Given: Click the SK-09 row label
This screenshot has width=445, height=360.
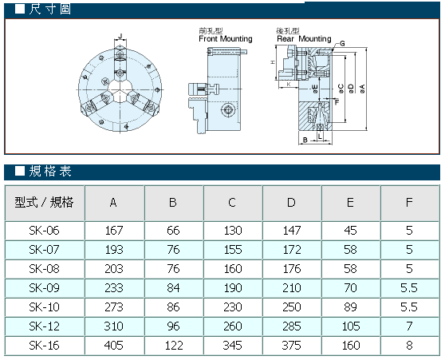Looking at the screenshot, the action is click(45, 288).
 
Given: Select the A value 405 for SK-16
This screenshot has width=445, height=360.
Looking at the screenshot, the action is click(114, 346).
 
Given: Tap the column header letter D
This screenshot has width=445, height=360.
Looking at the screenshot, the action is click(291, 203).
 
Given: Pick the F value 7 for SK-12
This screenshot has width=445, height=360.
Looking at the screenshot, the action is click(409, 326).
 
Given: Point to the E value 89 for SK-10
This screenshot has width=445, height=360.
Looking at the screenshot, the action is click(350, 307).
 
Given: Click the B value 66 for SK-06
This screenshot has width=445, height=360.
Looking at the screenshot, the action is click(173, 231).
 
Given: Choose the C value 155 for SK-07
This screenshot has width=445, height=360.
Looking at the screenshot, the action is click(233, 250).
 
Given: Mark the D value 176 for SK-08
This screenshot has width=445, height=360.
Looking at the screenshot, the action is click(292, 269).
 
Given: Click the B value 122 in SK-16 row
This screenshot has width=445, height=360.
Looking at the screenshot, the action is click(174, 346).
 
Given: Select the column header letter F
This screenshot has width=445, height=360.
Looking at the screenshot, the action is click(409, 203).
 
